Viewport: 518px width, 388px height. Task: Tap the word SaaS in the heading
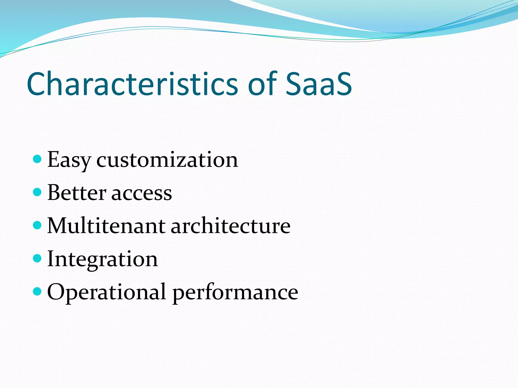pyautogui.click(x=319, y=84)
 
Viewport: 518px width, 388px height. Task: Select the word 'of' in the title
pyautogui.click(x=262, y=84)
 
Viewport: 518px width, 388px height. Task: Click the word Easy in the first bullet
pyautogui.click(x=69, y=160)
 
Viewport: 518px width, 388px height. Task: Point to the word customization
pyautogui.click(x=167, y=160)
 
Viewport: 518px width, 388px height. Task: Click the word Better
pyautogui.click(x=77, y=193)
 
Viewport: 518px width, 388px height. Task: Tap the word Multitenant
pyautogui.click(x=106, y=226)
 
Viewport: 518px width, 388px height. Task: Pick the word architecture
pyautogui.click(x=230, y=226)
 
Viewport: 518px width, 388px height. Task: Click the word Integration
pyautogui.click(x=102, y=259)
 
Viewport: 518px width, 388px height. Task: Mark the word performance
pyautogui.click(x=235, y=293)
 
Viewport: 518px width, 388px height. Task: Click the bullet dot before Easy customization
pyautogui.click(x=37, y=159)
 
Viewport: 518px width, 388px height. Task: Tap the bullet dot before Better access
pyautogui.click(x=37, y=192)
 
